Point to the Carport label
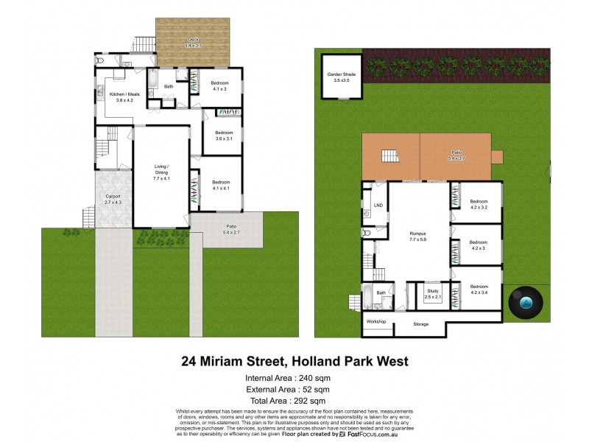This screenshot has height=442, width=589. pos(113,197)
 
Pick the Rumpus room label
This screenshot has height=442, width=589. pos(418,234)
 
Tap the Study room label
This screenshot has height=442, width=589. pos(433,291)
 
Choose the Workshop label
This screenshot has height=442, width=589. pos(376,321)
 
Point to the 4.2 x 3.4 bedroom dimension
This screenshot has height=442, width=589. pos(479,293)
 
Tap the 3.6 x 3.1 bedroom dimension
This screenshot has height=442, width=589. pos(223,139)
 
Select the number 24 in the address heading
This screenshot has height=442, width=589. pos(191,362)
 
